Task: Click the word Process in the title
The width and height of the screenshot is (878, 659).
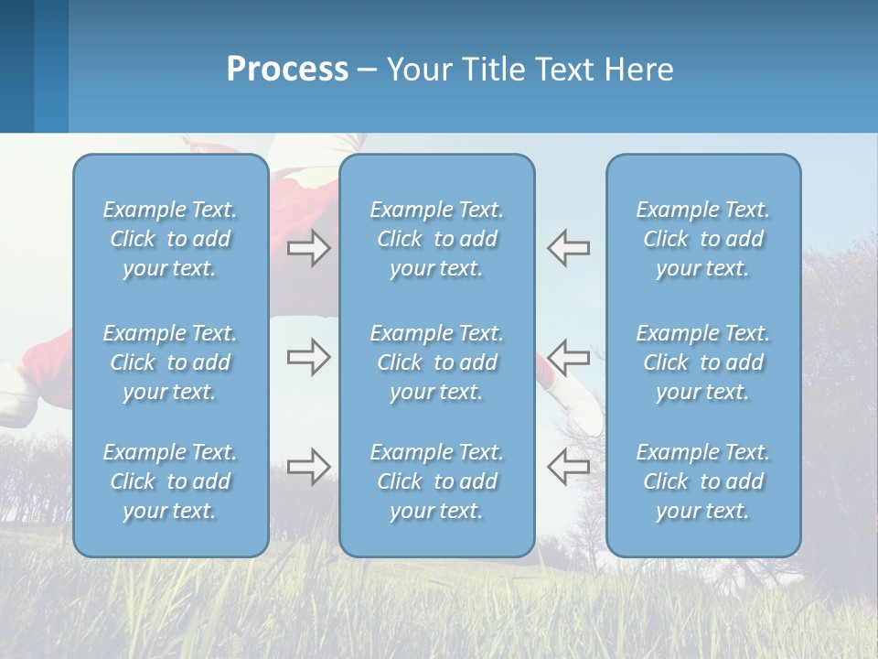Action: [x=287, y=70]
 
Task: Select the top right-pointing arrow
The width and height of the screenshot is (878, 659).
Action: [x=308, y=248]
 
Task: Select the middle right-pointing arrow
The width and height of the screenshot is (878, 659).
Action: [x=308, y=357]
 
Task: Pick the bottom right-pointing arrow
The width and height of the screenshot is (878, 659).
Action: [x=308, y=467]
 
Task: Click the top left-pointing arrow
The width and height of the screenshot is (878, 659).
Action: [x=568, y=248]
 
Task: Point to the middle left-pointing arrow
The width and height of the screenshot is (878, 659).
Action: [x=568, y=357]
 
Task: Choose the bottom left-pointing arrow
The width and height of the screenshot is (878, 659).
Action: [x=568, y=467]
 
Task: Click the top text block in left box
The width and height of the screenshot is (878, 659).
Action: [x=170, y=239]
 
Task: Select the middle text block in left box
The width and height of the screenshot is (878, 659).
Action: [x=170, y=362]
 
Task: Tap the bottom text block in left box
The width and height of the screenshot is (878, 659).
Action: [x=170, y=481]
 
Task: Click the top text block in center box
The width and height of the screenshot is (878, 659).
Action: [x=436, y=239]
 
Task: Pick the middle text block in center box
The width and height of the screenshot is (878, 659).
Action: [x=436, y=362]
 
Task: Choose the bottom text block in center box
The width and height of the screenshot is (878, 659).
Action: [x=436, y=481]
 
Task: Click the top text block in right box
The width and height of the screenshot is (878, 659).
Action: [x=703, y=239]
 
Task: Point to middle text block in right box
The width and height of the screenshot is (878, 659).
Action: [x=703, y=362]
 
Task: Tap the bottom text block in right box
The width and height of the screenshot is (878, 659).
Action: [x=703, y=481]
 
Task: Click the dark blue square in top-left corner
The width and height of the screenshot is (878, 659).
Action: [x=16, y=66]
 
